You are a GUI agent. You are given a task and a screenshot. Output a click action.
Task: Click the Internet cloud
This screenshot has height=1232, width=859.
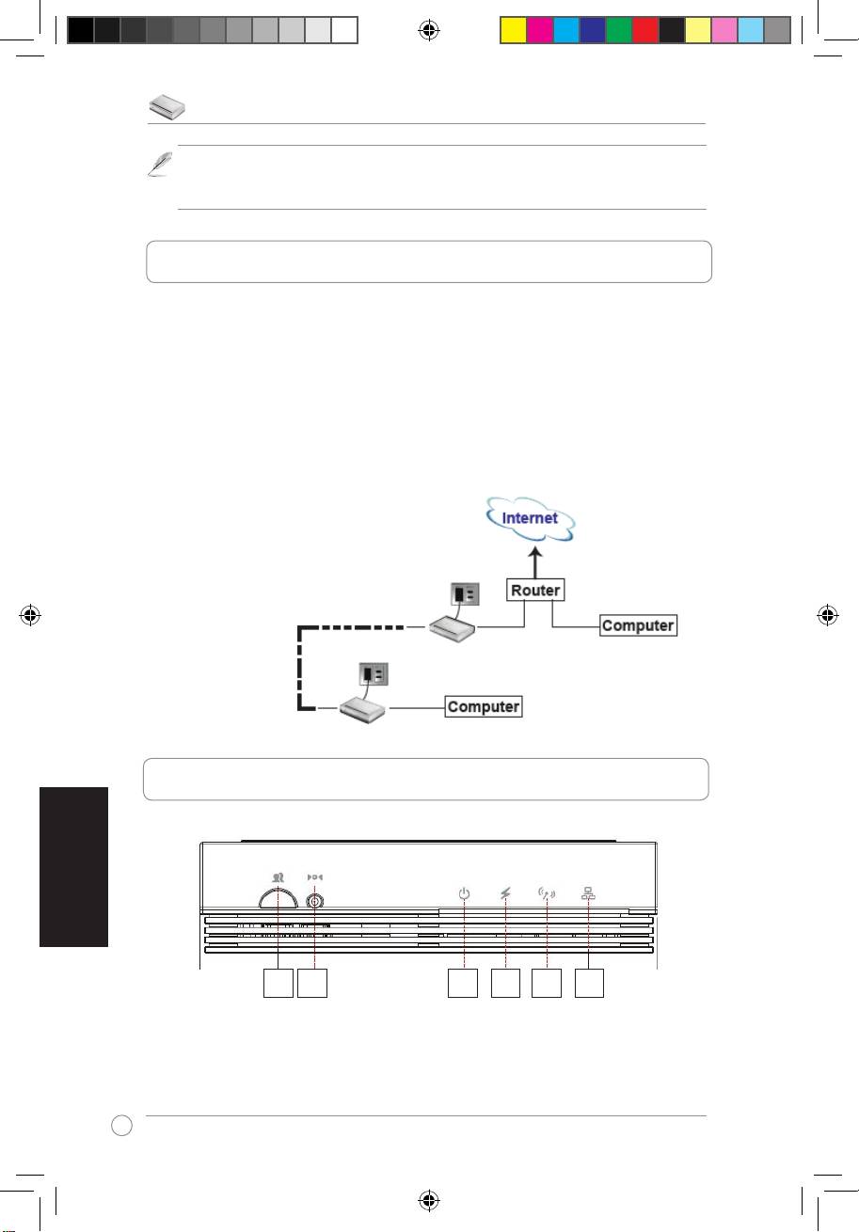coord(530,518)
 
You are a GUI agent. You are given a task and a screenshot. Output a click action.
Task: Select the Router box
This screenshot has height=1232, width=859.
coord(535,591)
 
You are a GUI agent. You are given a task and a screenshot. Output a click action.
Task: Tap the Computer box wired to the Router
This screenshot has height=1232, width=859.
coord(638,624)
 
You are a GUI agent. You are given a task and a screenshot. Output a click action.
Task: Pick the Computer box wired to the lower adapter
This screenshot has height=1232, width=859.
coord(484,706)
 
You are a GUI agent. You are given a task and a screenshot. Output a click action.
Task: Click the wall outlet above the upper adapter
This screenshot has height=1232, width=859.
coord(465,594)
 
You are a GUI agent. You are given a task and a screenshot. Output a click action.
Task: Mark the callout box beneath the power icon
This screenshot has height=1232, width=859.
coord(463,984)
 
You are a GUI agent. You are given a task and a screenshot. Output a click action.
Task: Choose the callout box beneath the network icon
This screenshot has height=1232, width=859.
coord(589,984)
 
